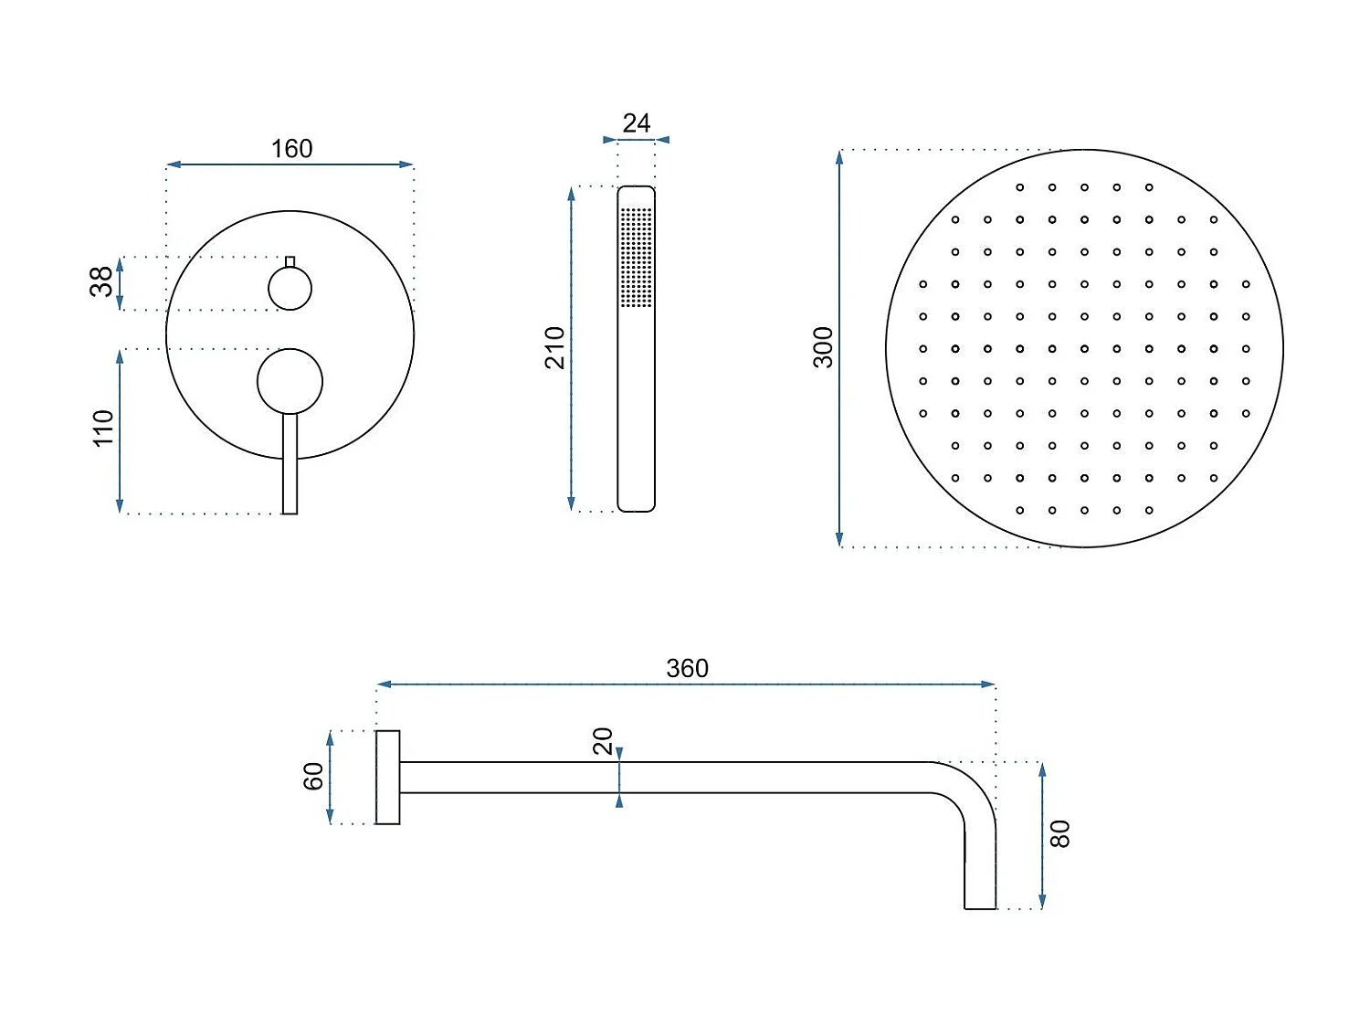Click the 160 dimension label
pos(291,148)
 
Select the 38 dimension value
pos(101,281)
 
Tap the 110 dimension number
pos(102,428)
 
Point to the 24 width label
pos(636,123)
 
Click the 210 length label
pos(554,347)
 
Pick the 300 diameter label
pos(823,347)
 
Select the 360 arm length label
pos(687,668)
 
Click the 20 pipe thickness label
pos(603,741)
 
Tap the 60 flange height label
pos(312,777)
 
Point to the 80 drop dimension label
pos(1059,833)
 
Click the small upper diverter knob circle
pos(290,289)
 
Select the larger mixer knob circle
pos(290,381)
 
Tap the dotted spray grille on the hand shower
pos(637,257)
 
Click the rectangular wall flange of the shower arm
pos(388,777)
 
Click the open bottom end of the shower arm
pos(980,907)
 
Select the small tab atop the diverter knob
pos(290,261)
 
